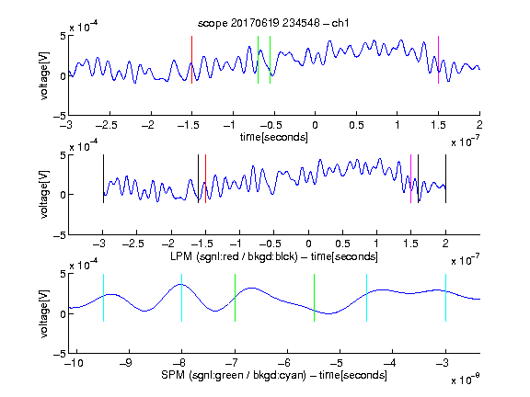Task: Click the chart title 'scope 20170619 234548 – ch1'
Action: [x=273, y=23]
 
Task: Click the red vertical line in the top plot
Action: [x=191, y=60]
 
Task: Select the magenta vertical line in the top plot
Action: [x=438, y=60]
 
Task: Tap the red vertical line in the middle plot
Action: [x=205, y=178]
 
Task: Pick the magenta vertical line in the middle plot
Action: [x=410, y=178]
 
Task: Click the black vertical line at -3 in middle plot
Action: [x=103, y=178]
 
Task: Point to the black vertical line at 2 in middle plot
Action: [x=445, y=178]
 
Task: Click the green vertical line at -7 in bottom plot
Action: [x=235, y=298]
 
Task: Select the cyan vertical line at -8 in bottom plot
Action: [x=181, y=298]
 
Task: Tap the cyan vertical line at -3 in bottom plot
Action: [x=445, y=298]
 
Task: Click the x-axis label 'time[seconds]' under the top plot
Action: [x=274, y=138]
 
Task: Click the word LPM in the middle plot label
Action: [x=181, y=256]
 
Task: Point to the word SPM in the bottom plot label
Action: [x=173, y=375]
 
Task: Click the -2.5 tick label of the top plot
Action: [x=107, y=126]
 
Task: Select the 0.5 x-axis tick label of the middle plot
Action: [x=342, y=244]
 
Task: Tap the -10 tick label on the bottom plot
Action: [x=74, y=363]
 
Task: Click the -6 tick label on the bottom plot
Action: [x=284, y=363]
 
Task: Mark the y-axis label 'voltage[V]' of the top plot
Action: [x=44, y=75]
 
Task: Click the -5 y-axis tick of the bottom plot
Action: [x=60, y=354]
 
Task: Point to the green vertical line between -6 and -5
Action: [x=314, y=298]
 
